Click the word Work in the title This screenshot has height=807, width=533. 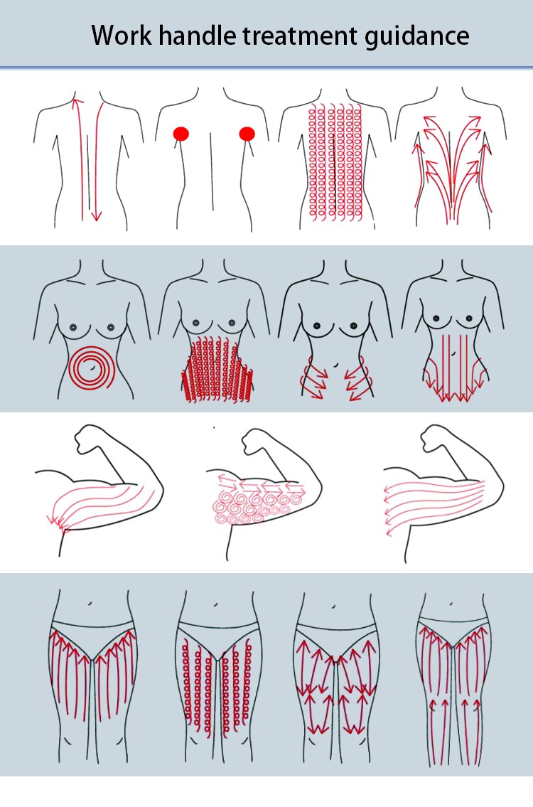pyautogui.click(x=122, y=36)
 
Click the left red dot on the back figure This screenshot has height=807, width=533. pyautogui.click(x=181, y=134)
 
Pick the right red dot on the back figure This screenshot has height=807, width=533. pyautogui.click(x=247, y=134)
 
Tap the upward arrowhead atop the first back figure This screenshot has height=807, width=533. pyautogui.click(x=77, y=102)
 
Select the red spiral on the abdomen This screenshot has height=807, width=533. pyautogui.click(x=91, y=368)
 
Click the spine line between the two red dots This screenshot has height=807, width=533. pyautogui.click(x=212, y=171)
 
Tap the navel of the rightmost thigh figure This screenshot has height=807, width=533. pyautogui.click(x=451, y=603)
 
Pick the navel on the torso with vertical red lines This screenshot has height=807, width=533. pyautogui.click(x=454, y=353)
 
